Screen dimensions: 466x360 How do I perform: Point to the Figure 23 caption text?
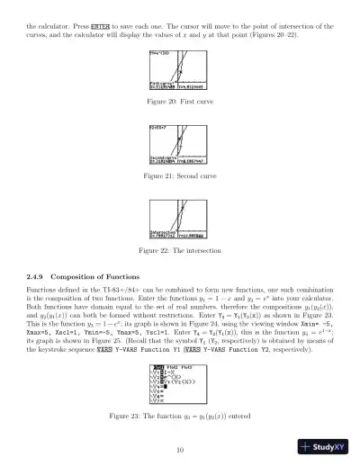tap(180, 417)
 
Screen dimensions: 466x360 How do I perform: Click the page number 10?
tap(180, 450)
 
